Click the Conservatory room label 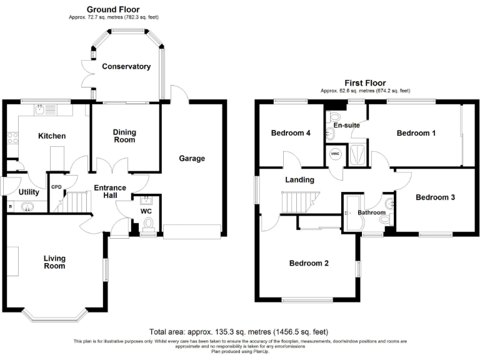127,66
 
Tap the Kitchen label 52,136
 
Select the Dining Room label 124,136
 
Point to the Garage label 192,158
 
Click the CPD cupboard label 56,186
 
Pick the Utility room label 29,192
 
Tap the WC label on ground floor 147,211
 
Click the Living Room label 54,261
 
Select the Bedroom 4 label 291,132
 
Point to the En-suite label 346,125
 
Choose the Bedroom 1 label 416,132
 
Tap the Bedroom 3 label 435,197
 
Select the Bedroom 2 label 309,263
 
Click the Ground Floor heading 113,9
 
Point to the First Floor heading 366,82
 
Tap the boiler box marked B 10,206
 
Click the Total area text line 239,331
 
